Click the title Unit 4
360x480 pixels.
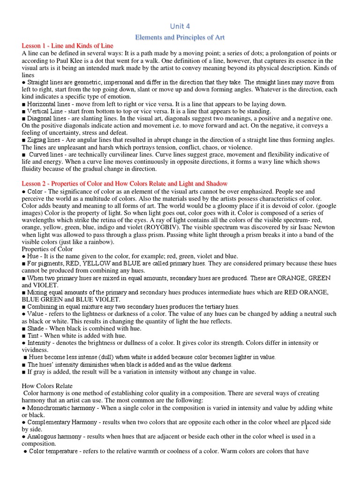(x=180, y=26)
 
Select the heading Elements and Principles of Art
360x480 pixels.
(x=180, y=37)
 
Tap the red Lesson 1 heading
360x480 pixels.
(x=67, y=45)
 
